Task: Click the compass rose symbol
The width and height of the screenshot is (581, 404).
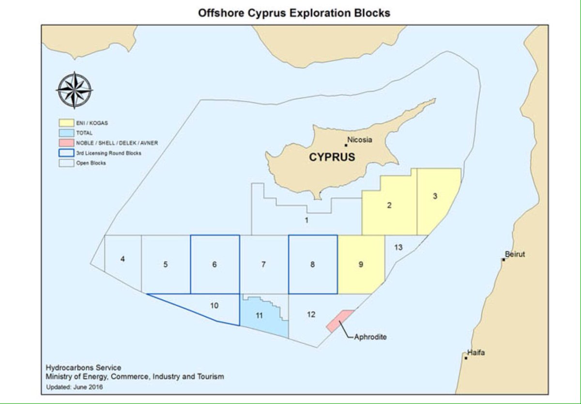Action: click(x=74, y=90)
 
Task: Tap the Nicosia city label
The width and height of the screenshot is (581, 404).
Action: click(x=360, y=140)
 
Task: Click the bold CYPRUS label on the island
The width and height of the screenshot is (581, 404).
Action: click(x=332, y=157)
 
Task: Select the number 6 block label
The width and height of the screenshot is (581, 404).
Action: click(x=214, y=264)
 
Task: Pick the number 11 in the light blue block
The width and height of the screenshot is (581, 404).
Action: click(x=259, y=315)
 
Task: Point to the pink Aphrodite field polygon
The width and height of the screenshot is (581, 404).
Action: click(x=340, y=321)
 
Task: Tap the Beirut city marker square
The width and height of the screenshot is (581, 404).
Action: click(x=504, y=260)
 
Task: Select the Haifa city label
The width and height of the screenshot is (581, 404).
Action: click(x=476, y=353)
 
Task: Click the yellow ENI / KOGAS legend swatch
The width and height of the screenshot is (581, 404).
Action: click(x=66, y=123)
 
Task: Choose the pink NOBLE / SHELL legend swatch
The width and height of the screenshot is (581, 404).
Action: click(x=66, y=143)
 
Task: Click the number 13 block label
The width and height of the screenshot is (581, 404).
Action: click(x=398, y=248)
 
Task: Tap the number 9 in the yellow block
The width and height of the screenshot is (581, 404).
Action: click(x=361, y=264)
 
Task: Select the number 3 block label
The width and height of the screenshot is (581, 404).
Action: click(x=435, y=196)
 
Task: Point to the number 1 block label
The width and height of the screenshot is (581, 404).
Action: click(x=306, y=220)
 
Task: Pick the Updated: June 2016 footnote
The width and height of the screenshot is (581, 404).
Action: click(x=75, y=387)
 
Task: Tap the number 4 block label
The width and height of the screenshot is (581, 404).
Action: click(x=122, y=259)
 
